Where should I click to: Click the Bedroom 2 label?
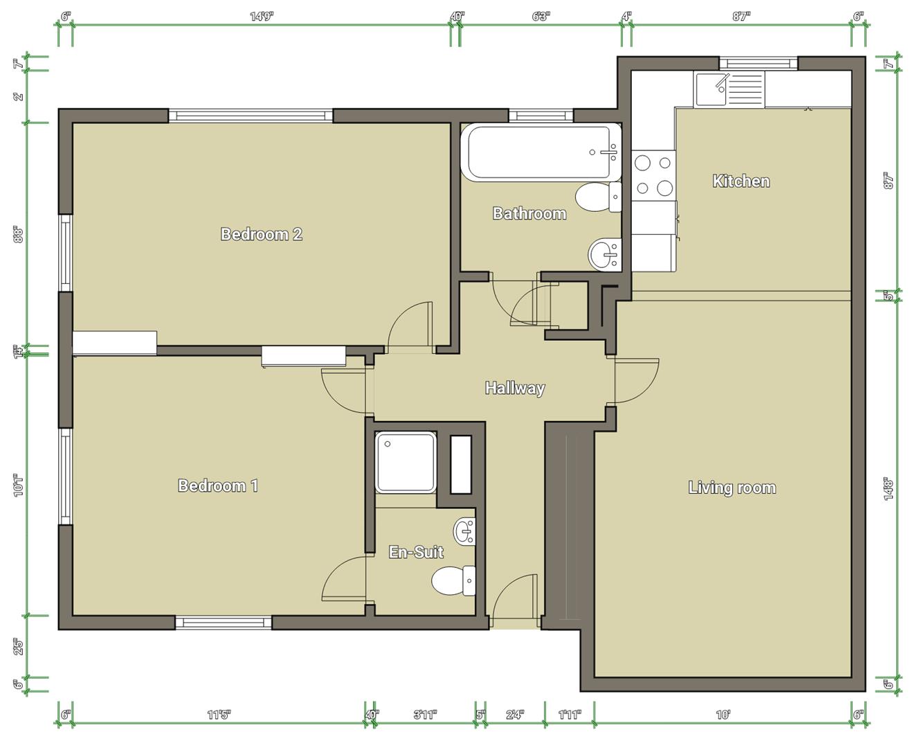pyautogui.click(x=262, y=234)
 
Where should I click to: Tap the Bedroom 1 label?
pyautogui.click(x=218, y=486)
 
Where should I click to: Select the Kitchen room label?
pyautogui.click(x=741, y=181)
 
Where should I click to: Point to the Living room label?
pyautogui.click(x=732, y=488)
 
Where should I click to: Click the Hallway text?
pyautogui.click(x=514, y=388)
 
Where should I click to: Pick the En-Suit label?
pyautogui.click(x=416, y=552)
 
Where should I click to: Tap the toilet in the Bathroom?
pyautogui.click(x=597, y=197)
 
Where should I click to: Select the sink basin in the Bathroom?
pyautogui.click(x=604, y=253)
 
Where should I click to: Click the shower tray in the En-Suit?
pyautogui.click(x=406, y=462)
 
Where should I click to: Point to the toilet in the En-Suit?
pyautogui.click(x=453, y=580)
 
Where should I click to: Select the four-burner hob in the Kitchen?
pyautogui.click(x=653, y=175)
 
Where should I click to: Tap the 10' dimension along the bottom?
pyautogui.click(x=723, y=715)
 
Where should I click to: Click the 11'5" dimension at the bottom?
pyautogui.click(x=218, y=715)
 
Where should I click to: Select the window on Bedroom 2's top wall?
pyautogui.click(x=251, y=116)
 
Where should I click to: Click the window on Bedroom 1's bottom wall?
pyautogui.click(x=223, y=622)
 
